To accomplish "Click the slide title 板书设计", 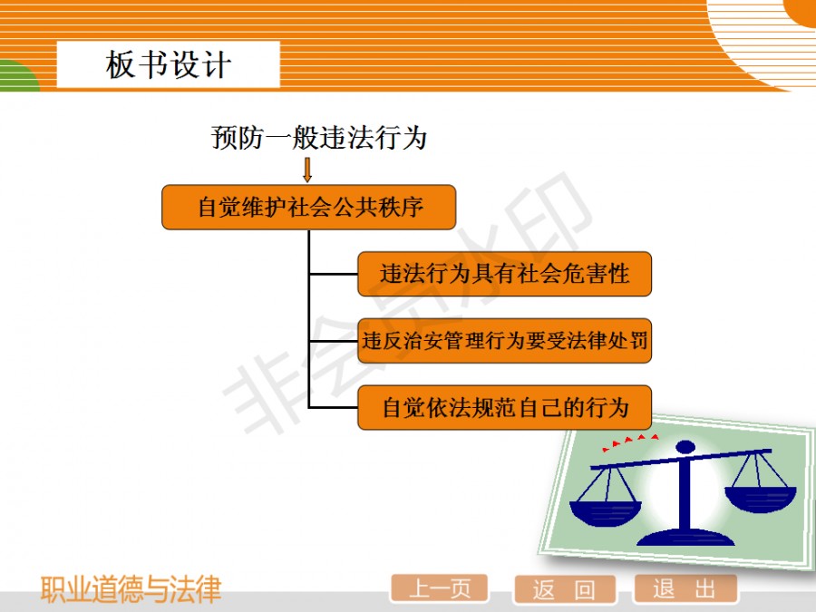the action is [x=168, y=65].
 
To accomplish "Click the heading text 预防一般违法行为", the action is [x=319, y=138].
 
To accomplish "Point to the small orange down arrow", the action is [x=307, y=170].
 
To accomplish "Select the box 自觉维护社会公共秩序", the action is [x=309, y=207].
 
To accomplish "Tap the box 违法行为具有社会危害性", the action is [x=504, y=274].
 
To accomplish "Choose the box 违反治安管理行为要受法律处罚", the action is [x=504, y=341].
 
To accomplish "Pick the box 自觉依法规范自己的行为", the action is [x=504, y=407].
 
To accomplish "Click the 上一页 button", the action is [x=439, y=589].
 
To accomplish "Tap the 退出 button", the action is [x=685, y=589].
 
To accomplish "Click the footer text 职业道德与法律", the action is [x=131, y=590].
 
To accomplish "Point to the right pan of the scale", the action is [x=761, y=498].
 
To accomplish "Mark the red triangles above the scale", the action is [x=630, y=442].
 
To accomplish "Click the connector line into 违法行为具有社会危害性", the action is [x=334, y=274].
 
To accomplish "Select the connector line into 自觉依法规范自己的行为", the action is [x=334, y=407].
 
